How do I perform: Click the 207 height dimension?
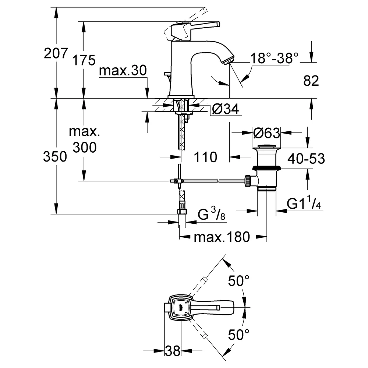(x=56, y=53)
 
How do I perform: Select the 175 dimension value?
(x=84, y=60)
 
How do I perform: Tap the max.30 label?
(x=123, y=70)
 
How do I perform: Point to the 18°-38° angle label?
(x=275, y=58)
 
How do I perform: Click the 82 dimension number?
(x=311, y=81)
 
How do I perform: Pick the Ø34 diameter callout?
(x=225, y=109)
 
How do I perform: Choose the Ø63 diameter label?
(x=266, y=133)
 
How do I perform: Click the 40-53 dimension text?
(x=306, y=159)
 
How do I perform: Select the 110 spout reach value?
(x=205, y=157)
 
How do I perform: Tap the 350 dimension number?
(x=55, y=156)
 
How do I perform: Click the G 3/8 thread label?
(x=212, y=214)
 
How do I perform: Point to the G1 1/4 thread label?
(x=304, y=203)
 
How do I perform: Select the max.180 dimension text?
(x=222, y=237)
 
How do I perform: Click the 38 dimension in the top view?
(x=173, y=351)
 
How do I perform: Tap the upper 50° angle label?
(x=239, y=280)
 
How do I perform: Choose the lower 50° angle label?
(x=239, y=335)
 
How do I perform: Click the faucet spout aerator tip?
(x=228, y=61)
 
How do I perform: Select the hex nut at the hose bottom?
(x=182, y=212)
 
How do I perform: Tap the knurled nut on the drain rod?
(x=248, y=181)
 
